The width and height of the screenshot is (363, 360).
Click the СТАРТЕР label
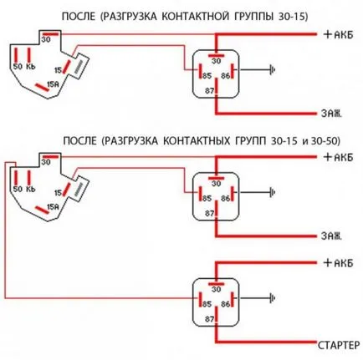[x=339, y=346]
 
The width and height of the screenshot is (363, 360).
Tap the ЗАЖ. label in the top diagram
[x=331, y=114]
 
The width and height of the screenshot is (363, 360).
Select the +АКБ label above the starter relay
[x=338, y=263]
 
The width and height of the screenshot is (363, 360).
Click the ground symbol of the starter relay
[x=272, y=298]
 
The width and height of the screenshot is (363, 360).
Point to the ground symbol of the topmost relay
[x=272, y=69]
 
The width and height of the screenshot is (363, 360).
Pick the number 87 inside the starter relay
[x=209, y=319]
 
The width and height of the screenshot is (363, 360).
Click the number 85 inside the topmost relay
[x=207, y=76]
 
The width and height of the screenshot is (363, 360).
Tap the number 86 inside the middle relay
[x=226, y=198]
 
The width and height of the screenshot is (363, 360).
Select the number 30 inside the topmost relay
[x=216, y=61]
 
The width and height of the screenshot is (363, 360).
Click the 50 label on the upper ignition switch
[x=18, y=67]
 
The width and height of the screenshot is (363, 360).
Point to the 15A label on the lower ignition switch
[x=54, y=206]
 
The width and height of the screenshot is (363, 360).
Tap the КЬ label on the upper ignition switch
[x=31, y=67]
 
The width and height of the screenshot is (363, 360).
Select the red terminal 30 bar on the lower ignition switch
[x=50, y=157]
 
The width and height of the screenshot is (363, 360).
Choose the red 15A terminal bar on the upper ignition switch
[x=42, y=87]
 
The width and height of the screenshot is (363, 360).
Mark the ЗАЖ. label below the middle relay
[x=331, y=236]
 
